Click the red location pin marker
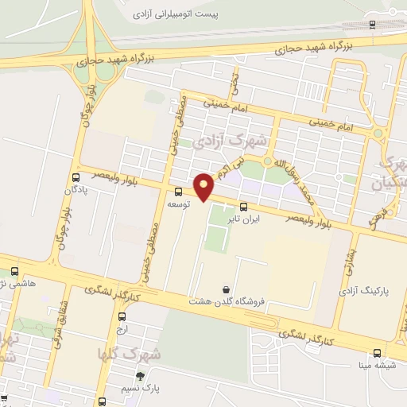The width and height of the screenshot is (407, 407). pyautogui.click(x=204, y=186)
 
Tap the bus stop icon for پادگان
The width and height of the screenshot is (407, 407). pyautogui.click(x=76, y=177)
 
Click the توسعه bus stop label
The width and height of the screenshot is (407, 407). pyautogui.click(x=177, y=204)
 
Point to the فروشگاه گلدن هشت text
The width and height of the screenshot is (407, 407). pyautogui.click(x=221, y=301)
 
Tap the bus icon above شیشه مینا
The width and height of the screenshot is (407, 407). pyautogui.click(x=377, y=354)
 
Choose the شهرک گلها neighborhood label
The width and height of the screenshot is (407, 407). pyautogui.click(x=129, y=353)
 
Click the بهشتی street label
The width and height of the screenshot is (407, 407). pyautogui.click(x=347, y=257)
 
